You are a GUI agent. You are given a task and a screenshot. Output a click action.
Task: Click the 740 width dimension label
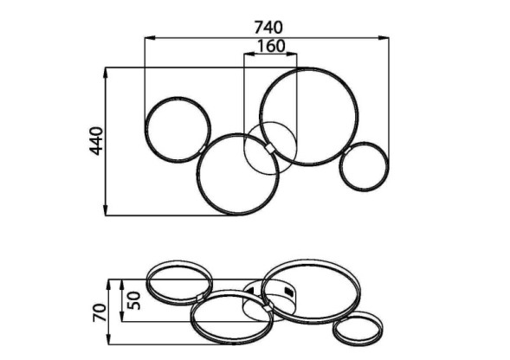click(268, 28)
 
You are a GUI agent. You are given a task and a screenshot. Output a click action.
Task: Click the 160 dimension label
click(271, 46)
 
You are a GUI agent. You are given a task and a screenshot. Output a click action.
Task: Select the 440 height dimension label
click(96, 141)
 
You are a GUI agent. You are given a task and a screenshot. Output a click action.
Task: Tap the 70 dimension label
click(100, 313)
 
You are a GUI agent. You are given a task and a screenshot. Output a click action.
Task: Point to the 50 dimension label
click(134, 300)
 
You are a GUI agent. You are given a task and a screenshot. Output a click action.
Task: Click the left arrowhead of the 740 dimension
click(149, 38)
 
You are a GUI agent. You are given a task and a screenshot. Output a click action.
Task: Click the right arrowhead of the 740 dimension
click(384, 38)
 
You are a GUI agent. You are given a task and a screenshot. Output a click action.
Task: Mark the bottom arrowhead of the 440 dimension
click(106, 210)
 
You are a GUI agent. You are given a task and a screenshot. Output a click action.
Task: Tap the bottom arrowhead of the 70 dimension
click(109, 340)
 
